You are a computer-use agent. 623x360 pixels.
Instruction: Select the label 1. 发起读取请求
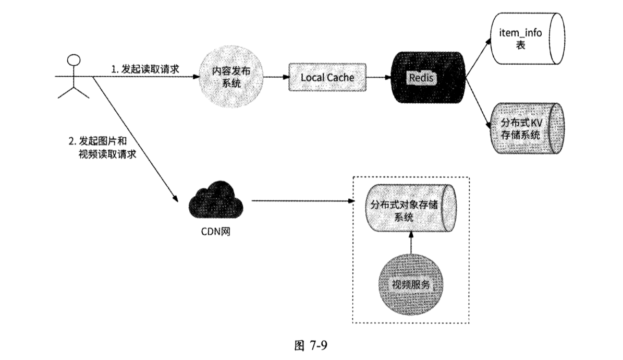coord(141,69)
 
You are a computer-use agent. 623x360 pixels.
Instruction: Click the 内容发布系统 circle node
coord(231,77)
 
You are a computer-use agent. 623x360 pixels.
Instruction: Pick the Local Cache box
coord(327,78)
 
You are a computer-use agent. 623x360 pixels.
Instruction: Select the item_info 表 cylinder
coord(527,39)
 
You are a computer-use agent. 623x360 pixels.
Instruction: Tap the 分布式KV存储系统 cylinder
coord(527,128)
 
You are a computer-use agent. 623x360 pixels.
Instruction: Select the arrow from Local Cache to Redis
coord(380,78)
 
